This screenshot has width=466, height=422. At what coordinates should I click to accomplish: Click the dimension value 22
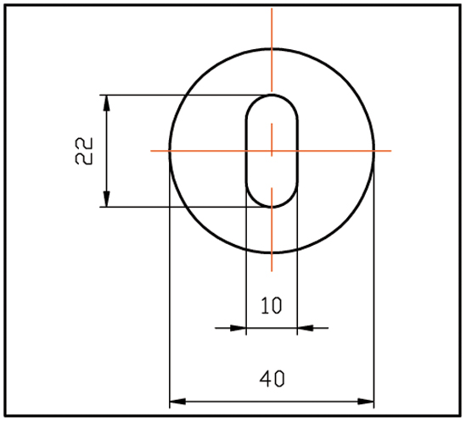pyautogui.click(x=83, y=151)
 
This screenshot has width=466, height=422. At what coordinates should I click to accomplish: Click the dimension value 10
pyautogui.click(x=271, y=306)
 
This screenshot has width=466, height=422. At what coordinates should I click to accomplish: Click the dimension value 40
pyautogui.click(x=271, y=380)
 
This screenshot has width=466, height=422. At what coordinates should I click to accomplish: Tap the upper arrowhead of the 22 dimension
pyautogui.click(x=106, y=101)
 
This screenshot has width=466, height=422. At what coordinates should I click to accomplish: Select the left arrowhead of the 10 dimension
pyautogui.click(x=239, y=327)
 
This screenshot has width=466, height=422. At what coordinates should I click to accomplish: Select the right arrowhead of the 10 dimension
pyautogui.click(x=305, y=327)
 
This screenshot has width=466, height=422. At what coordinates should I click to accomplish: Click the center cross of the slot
pyautogui.click(x=272, y=151)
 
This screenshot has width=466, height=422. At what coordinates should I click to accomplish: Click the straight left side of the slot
pyautogui.click(x=246, y=151)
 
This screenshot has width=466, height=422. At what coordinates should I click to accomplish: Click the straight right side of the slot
pyautogui.click(x=298, y=151)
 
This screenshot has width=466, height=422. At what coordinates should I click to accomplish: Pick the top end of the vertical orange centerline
pyautogui.click(x=272, y=8)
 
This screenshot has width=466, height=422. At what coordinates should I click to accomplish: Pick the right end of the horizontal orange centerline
pyautogui.click(x=390, y=151)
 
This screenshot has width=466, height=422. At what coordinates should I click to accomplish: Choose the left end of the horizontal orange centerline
pyautogui.click(x=151, y=151)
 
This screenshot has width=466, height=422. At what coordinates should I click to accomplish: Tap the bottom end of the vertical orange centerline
pyautogui.click(x=272, y=270)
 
